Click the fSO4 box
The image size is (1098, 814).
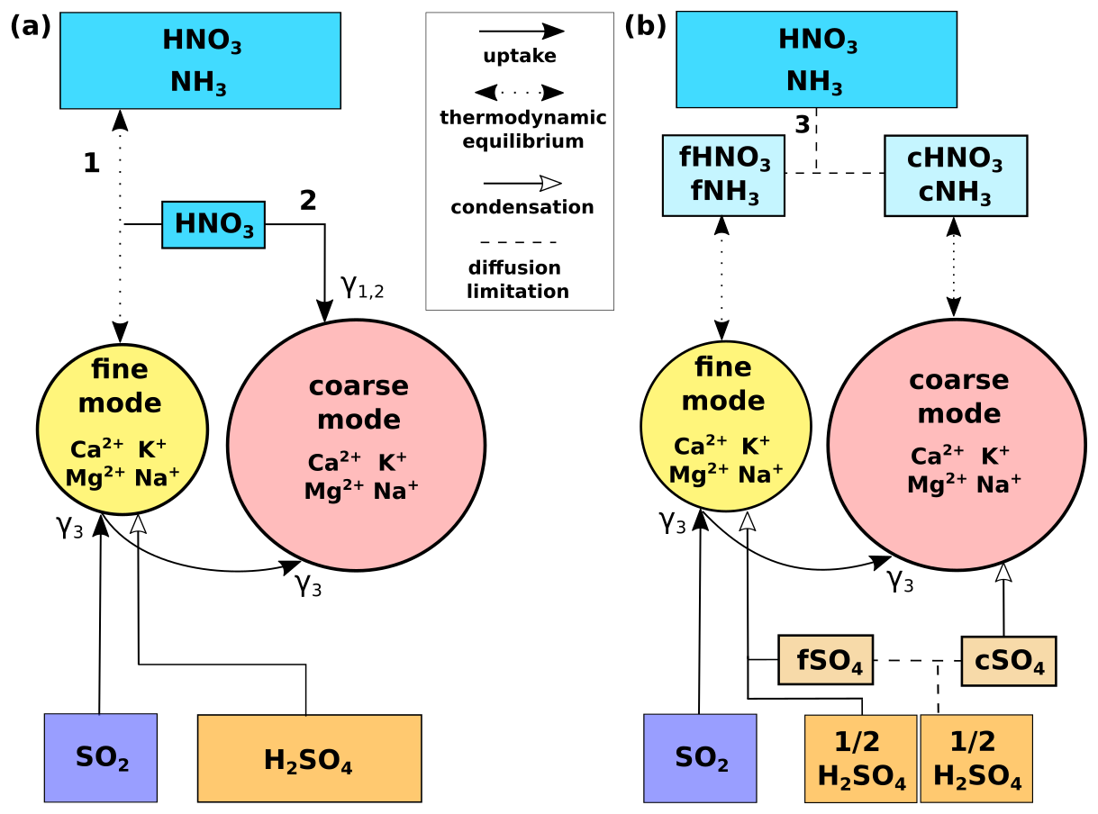point(825,660)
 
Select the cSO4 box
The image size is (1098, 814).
point(1008,661)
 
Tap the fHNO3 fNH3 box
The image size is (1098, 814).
point(723,176)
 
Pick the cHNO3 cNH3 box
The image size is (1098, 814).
point(956,176)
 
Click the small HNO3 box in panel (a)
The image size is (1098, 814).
point(213,224)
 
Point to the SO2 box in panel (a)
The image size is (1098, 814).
point(101,757)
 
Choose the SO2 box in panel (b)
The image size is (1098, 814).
point(700,757)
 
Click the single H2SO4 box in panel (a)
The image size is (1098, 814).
point(309,758)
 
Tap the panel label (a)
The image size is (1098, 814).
point(30,27)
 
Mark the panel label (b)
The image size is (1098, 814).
point(645,27)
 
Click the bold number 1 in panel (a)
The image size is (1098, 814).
point(91,163)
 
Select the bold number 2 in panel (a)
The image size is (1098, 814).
point(308,201)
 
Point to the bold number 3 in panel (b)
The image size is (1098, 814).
point(802,124)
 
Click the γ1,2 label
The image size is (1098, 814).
point(362,287)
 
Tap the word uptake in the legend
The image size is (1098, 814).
point(520,57)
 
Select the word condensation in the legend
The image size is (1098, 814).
point(522,207)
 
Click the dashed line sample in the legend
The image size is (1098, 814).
point(519,242)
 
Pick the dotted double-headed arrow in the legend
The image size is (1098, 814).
point(519,92)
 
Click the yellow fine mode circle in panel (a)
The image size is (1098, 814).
point(123,429)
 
